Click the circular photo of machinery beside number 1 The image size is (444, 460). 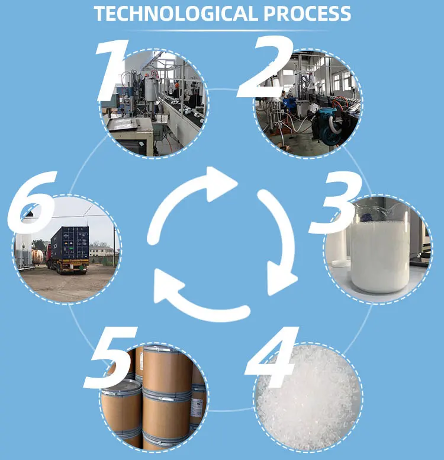point(155,102)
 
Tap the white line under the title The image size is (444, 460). point(222,30)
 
